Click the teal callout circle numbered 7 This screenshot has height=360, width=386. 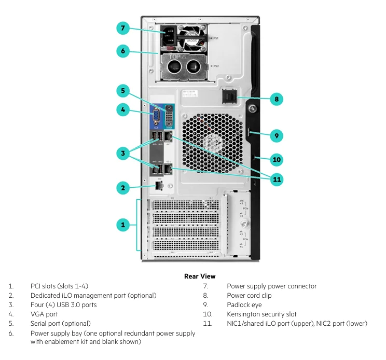point(122,29)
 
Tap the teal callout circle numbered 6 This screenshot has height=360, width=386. point(122,51)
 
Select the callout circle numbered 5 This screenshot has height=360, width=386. point(122,91)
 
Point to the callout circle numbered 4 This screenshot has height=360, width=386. point(122,109)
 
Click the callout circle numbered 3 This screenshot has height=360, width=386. point(122,153)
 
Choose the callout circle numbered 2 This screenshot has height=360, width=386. point(122,188)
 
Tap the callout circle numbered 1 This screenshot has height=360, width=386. point(122,225)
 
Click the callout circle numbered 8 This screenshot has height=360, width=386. point(277,99)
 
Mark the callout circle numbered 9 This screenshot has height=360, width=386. point(277,136)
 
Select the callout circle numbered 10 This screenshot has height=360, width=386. point(277,159)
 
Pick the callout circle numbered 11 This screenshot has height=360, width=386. point(277,179)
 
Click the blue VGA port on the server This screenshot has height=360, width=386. point(155,117)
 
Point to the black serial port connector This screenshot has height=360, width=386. point(169,116)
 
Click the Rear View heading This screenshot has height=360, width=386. point(200,276)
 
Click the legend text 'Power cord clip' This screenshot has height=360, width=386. point(249,296)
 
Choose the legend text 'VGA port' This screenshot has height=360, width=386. point(44,314)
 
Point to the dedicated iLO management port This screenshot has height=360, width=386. point(159,185)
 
